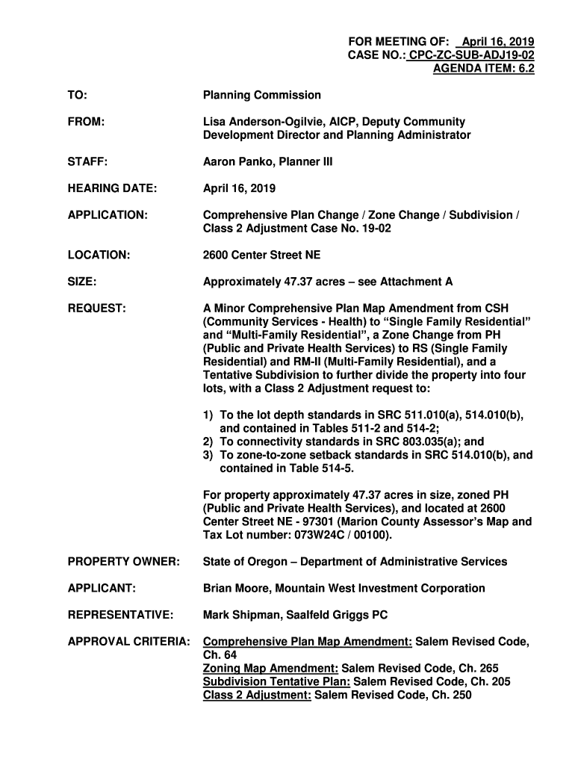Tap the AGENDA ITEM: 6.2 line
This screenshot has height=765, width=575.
coord(484,69)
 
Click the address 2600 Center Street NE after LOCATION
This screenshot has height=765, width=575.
coord(261,255)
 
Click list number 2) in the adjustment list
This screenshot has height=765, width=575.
coord(208,442)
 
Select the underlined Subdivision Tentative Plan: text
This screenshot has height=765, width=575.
coord(276,681)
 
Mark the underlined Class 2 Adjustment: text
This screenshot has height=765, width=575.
coord(257,695)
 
